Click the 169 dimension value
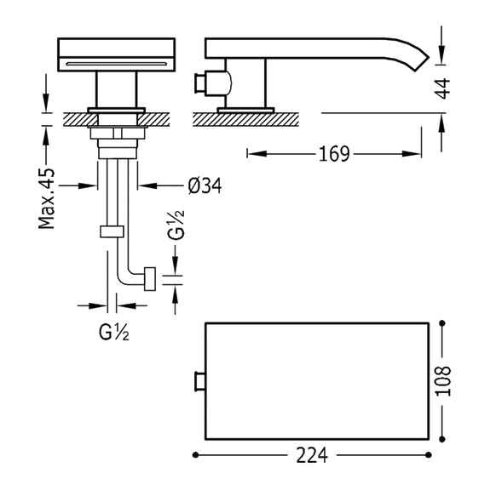[x=334, y=154]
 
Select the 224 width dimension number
[x=312, y=455]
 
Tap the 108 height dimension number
[x=443, y=381]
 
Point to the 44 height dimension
[x=442, y=88]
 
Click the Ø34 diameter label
[x=205, y=185]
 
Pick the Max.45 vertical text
[x=47, y=199]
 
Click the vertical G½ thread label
[x=176, y=225]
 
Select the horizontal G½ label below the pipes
[x=114, y=332]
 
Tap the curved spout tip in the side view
[x=423, y=63]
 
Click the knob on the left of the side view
[x=200, y=83]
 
